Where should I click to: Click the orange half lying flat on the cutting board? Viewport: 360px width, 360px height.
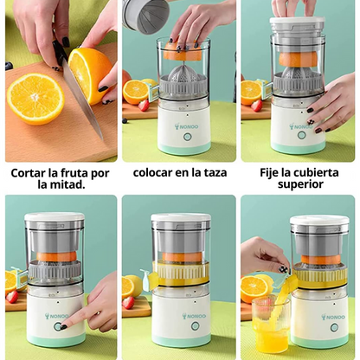click(x=35, y=98)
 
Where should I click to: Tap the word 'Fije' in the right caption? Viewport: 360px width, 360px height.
click(x=273, y=172)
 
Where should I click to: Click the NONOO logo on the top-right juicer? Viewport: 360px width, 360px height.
click(x=300, y=126)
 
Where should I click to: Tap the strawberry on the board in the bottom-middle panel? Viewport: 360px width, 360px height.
click(x=129, y=302)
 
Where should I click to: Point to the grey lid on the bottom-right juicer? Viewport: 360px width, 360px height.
click(x=319, y=224)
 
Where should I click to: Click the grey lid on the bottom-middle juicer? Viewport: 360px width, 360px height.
click(x=181, y=221)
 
